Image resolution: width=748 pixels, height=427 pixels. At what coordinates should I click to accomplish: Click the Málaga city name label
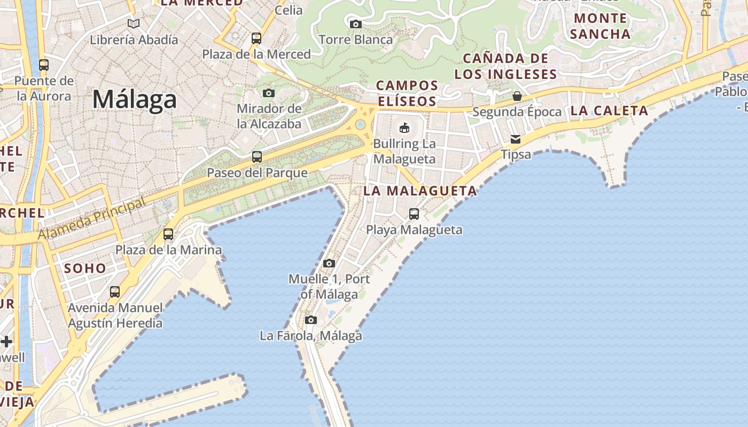coord(134,100)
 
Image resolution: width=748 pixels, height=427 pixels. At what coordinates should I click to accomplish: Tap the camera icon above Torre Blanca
coord(355,24)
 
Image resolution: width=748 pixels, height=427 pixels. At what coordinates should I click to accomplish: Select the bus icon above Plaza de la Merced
coord(256,38)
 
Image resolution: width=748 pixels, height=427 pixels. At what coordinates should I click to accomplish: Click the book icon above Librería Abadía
coord(134,23)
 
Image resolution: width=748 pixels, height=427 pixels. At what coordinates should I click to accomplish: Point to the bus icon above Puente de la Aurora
coord(44,65)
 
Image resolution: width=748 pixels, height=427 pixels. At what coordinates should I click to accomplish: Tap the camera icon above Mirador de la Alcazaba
coord(269,93)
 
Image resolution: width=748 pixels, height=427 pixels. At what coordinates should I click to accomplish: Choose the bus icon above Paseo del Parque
coord(257,157)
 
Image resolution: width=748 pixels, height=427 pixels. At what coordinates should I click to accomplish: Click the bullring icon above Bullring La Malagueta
coord(404,128)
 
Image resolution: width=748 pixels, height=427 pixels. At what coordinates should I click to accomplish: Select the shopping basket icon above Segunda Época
coord(517,96)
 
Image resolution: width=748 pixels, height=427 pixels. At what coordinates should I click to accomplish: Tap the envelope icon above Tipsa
coord(516,139)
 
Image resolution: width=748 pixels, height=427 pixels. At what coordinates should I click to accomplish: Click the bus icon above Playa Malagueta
coord(414,214)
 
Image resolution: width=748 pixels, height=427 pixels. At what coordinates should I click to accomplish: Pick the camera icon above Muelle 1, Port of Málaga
coord(329,263)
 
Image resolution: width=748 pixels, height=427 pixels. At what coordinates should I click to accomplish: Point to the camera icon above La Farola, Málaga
coord(311,320)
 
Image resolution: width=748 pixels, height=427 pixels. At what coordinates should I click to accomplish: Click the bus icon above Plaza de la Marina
coord(168,234)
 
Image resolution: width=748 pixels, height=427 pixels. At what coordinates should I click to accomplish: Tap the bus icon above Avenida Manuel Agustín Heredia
coord(115,292)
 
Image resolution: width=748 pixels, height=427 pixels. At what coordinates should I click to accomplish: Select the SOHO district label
coord(85,268)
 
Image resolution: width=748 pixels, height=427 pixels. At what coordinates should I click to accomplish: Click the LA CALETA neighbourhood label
coord(609,111)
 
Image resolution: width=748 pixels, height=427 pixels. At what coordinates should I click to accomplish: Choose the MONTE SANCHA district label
coord(600,26)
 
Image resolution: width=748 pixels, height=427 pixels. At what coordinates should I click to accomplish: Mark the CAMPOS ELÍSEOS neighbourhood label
coord(408,93)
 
